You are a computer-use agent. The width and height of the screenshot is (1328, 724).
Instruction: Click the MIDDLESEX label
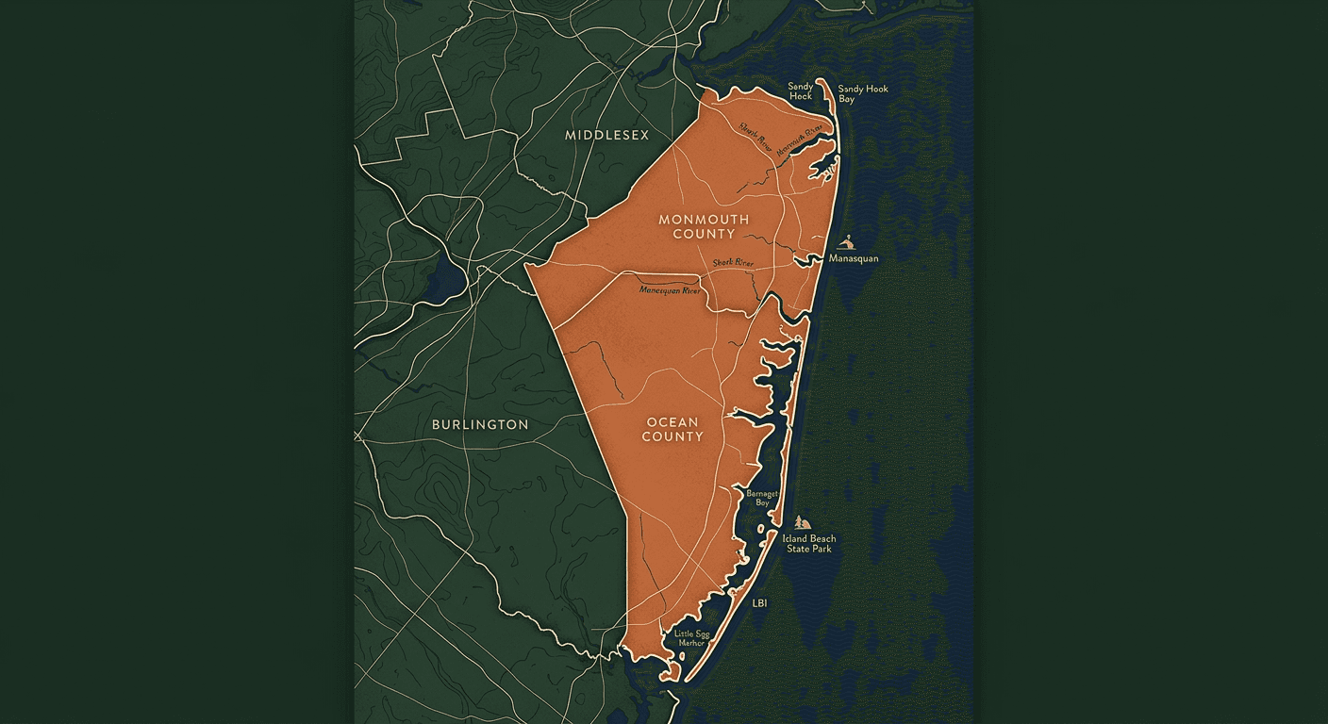pyautogui.click(x=606, y=135)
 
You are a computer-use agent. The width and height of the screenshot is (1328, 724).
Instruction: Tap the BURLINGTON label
pyautogui.click(x=480, y=424)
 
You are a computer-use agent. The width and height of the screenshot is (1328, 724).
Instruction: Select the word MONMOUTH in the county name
pyautogui.click(x=704, y=220)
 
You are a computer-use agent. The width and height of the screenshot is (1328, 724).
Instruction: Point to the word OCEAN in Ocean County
pyautogui.click(x=672, y=422)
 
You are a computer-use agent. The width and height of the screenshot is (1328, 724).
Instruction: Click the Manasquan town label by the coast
pyautogui.click(x=854, y=257)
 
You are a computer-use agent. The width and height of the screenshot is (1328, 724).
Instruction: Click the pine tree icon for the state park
pyautogui.click(x=802, y=522)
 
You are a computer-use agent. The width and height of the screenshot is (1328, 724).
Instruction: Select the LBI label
pyautogui.click(x=760, y=601)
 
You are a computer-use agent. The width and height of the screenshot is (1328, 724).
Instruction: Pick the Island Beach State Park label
pyautogui.click(x=809, y=544)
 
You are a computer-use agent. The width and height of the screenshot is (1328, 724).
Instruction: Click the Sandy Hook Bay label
pyautogui.click(x=863, y=93)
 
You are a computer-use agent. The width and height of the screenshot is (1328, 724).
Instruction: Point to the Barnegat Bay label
pyautogui.click(x=761, y=498)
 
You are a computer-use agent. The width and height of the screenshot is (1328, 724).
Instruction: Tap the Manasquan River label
pyautogui.click(x=671, y=290)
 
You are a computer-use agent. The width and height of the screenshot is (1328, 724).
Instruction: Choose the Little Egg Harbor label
pyautogui.click(x=691, y=638)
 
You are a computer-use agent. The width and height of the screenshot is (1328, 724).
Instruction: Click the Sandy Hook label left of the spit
pyautogui.click(x=801, y=91)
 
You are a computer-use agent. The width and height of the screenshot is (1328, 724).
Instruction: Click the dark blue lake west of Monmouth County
pyautogui.click(x=441, y=276)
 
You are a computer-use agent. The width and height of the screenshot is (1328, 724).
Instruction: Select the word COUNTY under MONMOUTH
pyautogui.click(x=704, y=234)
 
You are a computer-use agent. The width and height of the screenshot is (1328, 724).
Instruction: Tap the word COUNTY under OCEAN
pyautogui.click(x=672, y=436)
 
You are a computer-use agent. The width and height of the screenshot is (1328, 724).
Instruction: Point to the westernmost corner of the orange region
pyautogui.click(x=526, y=266)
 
